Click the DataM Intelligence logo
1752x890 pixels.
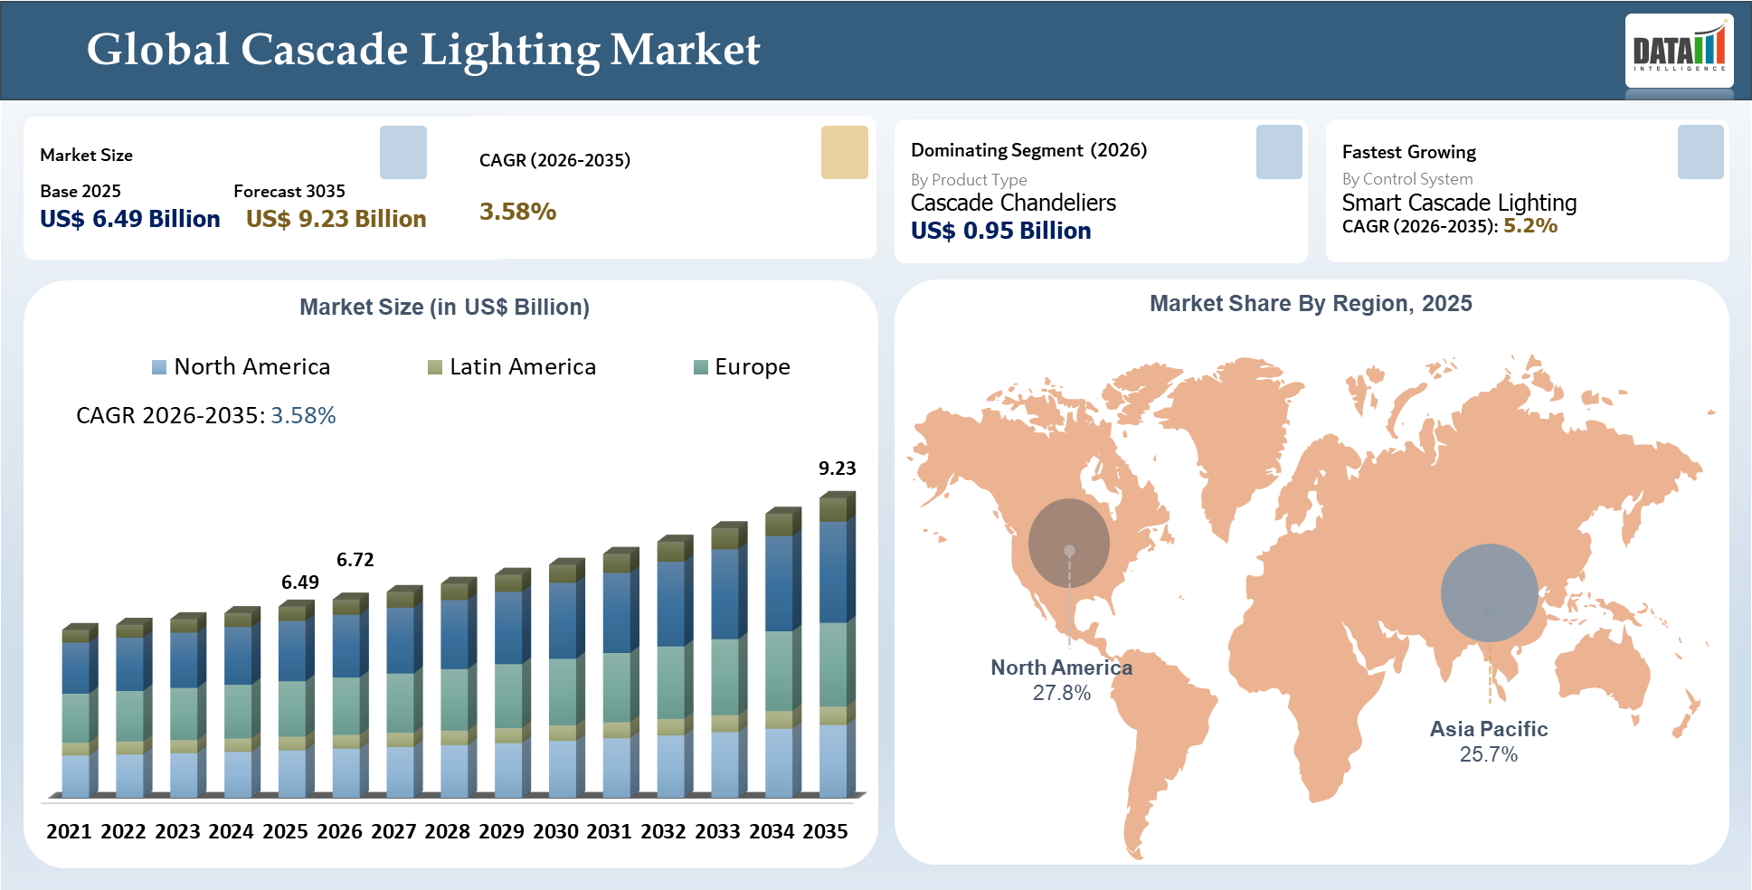point(1679,50)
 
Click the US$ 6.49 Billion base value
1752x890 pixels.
point(130,220)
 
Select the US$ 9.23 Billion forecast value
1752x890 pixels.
point(336,220)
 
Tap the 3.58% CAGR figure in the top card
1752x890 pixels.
point(517,212)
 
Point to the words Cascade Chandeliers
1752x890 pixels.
point(1013,203)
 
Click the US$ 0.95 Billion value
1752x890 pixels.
point(1000,232)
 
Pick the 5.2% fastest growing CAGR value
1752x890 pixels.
point(1530,226)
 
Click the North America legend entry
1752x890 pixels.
point(241,367)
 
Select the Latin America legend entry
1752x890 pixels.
point(512,367)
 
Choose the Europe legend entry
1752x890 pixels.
point(742,367)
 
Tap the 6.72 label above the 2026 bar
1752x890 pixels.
point(355,560)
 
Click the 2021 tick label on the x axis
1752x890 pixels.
point(69,831)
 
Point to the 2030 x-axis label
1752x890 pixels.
point(555,831)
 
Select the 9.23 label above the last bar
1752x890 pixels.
point(837,469)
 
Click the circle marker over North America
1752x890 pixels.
point(1069,543)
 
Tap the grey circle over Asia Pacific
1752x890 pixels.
point(1489,592)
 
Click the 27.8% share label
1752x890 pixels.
point(1062,694)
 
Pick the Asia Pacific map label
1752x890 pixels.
point(1489,729)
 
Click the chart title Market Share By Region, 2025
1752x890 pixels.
point(1311,304)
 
